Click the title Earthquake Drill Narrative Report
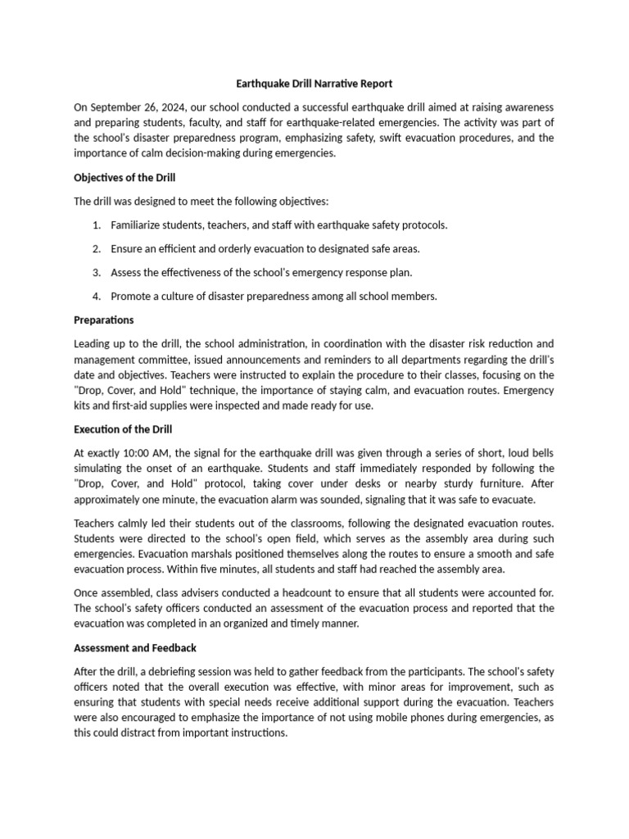(314, 83)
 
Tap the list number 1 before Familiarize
(96, 224)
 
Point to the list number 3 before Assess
(96, 273)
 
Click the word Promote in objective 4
(131, 297)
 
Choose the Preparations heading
(103, 320)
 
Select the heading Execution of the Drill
(123, 429)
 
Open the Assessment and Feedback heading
(135, 647)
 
